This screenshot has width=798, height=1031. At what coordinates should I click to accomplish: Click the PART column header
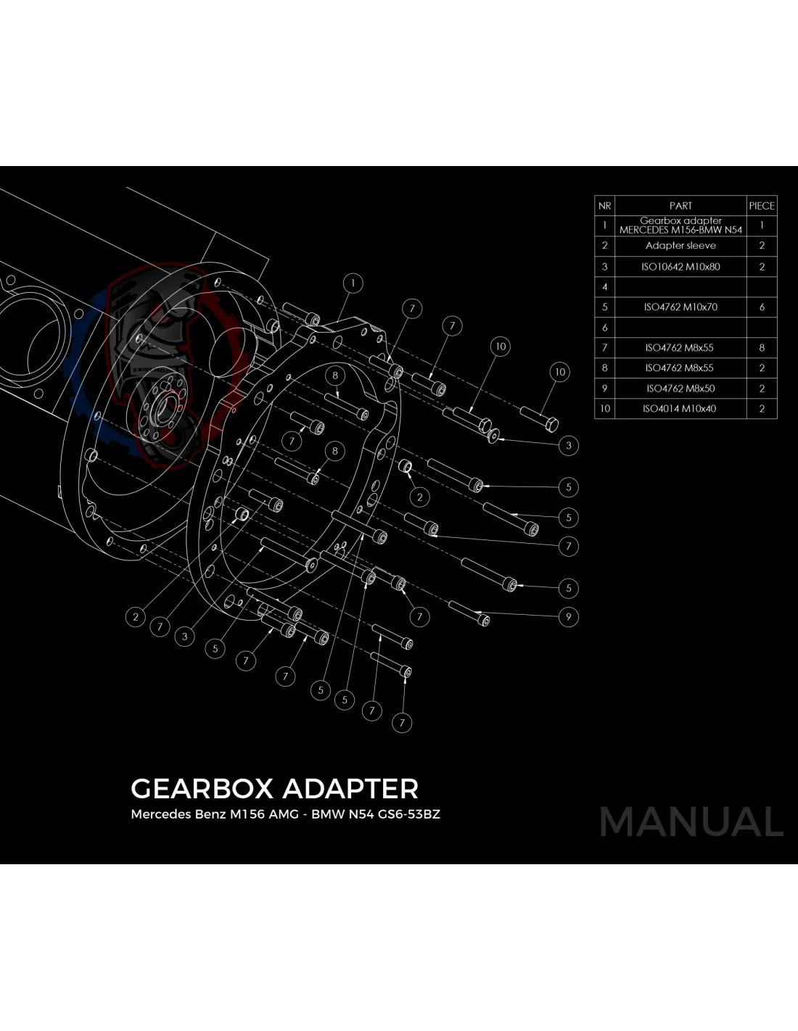[x=680, y=206]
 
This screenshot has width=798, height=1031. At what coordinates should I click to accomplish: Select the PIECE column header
[x=762, y=206]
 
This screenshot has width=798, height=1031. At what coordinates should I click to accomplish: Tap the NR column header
[x=604, y=206]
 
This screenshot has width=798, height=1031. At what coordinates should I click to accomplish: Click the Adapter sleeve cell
[x=680, y=246]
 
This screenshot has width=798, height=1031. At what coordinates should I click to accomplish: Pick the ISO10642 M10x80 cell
[x=680, y=267]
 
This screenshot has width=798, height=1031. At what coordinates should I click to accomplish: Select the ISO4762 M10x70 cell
[x=680, y=307]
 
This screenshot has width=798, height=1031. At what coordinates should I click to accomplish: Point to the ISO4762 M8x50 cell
[x=680, y=389]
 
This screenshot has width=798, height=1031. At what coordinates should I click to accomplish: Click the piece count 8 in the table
[x=762, y=348]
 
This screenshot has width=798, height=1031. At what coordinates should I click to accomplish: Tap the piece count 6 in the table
[x=762, y=307]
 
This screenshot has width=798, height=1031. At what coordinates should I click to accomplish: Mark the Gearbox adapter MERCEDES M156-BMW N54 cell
[x=680, y=225]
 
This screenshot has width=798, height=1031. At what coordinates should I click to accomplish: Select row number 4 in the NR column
[x=604, y=287]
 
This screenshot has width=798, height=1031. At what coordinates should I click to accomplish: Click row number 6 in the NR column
[x=604, y=328]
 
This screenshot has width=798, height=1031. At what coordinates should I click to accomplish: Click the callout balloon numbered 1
[x=353, y=283]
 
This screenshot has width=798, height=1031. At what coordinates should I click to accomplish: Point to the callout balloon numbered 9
[x=568, y=618]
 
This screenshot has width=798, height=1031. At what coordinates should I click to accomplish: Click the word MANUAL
[x=691, y=822]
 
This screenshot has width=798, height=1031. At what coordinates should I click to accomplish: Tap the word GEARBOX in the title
[x=202, y=789]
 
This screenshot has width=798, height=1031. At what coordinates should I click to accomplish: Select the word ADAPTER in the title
[x=350, y=789]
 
